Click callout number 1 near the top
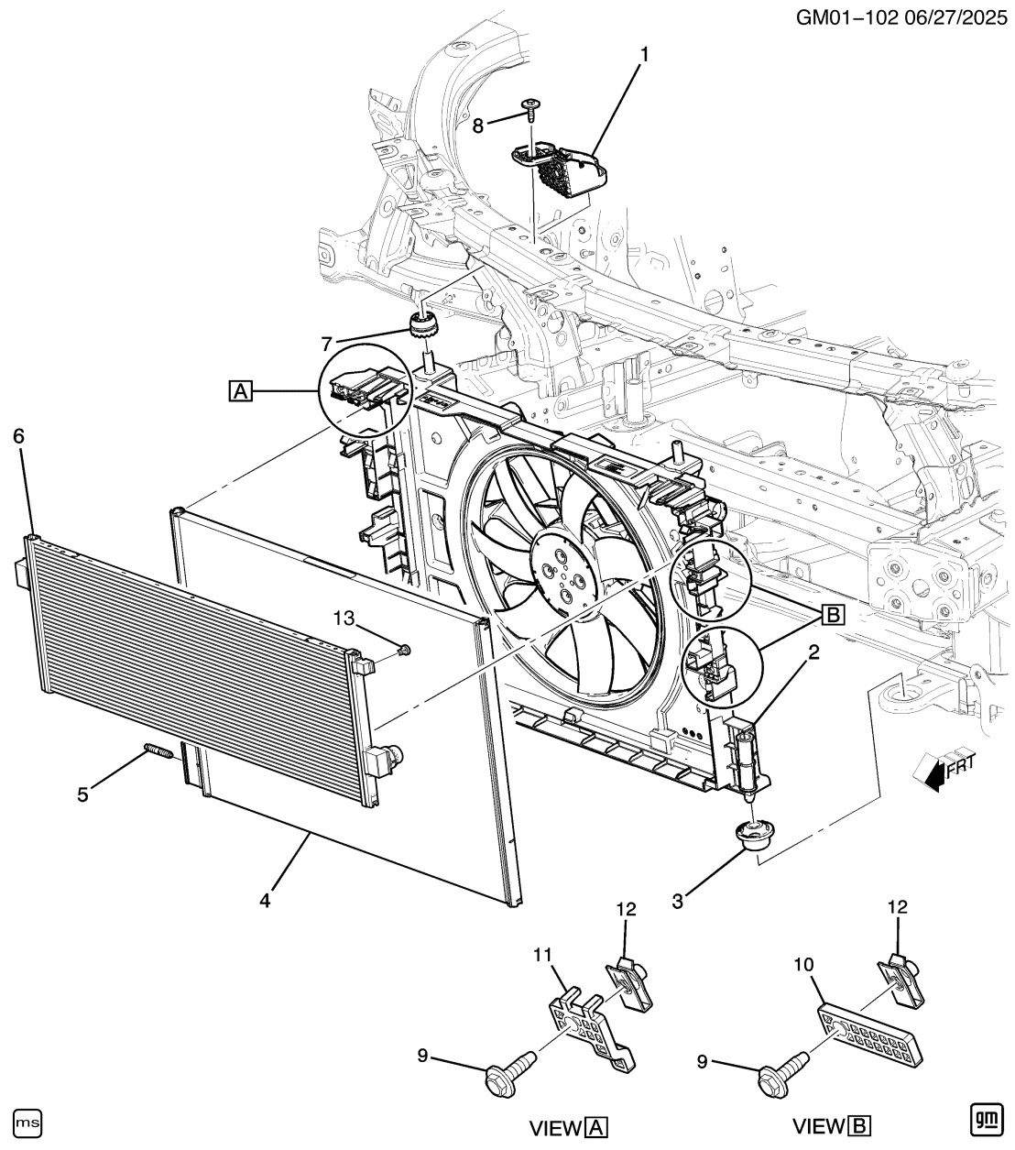click(644, 56)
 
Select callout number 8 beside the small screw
click(478, 126)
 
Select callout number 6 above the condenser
click(19, 436)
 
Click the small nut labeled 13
click(405, 651)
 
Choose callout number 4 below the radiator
click(265, 901)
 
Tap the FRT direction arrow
click(937, 769)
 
